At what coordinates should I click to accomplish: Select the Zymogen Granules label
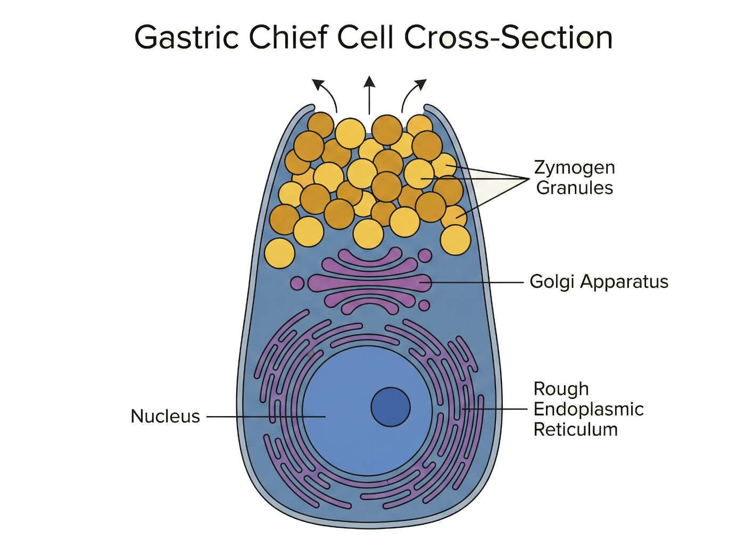click(x=574, y=177)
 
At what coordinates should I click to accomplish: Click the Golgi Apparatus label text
click(x=599, y=281)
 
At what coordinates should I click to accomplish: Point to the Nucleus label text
click(x=165, y=416)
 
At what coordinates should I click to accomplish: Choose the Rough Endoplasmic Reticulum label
click(x=588, y=409)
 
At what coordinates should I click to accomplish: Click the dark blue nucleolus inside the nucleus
click(x=391, y=407)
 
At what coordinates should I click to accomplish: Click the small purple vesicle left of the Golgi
click(x=297, y=283)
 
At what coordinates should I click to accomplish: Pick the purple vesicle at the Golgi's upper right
click(x=425, y=256)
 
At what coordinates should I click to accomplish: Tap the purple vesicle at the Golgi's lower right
click(x=424, y=305)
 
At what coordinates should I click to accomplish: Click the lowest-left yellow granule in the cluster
click(x=279, y=253)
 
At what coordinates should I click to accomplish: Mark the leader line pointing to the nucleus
click(x=266, y=417)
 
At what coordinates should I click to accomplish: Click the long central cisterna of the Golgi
click(x=367, y=283)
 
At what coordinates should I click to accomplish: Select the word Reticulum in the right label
click(x=576, y=429)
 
